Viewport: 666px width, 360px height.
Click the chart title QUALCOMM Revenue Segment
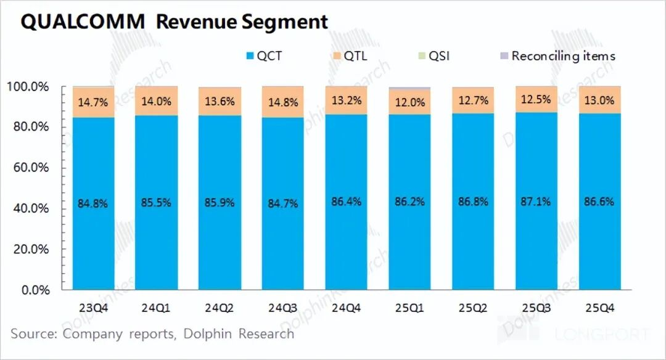(175, 22)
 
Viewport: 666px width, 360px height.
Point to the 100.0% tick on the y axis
(27, 87)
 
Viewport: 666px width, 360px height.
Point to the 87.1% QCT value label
(536, 202)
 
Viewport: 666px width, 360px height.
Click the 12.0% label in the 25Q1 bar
(409, 103)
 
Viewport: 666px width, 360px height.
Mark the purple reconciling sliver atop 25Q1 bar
(409, 89)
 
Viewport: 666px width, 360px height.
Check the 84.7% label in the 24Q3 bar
(283, 202)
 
